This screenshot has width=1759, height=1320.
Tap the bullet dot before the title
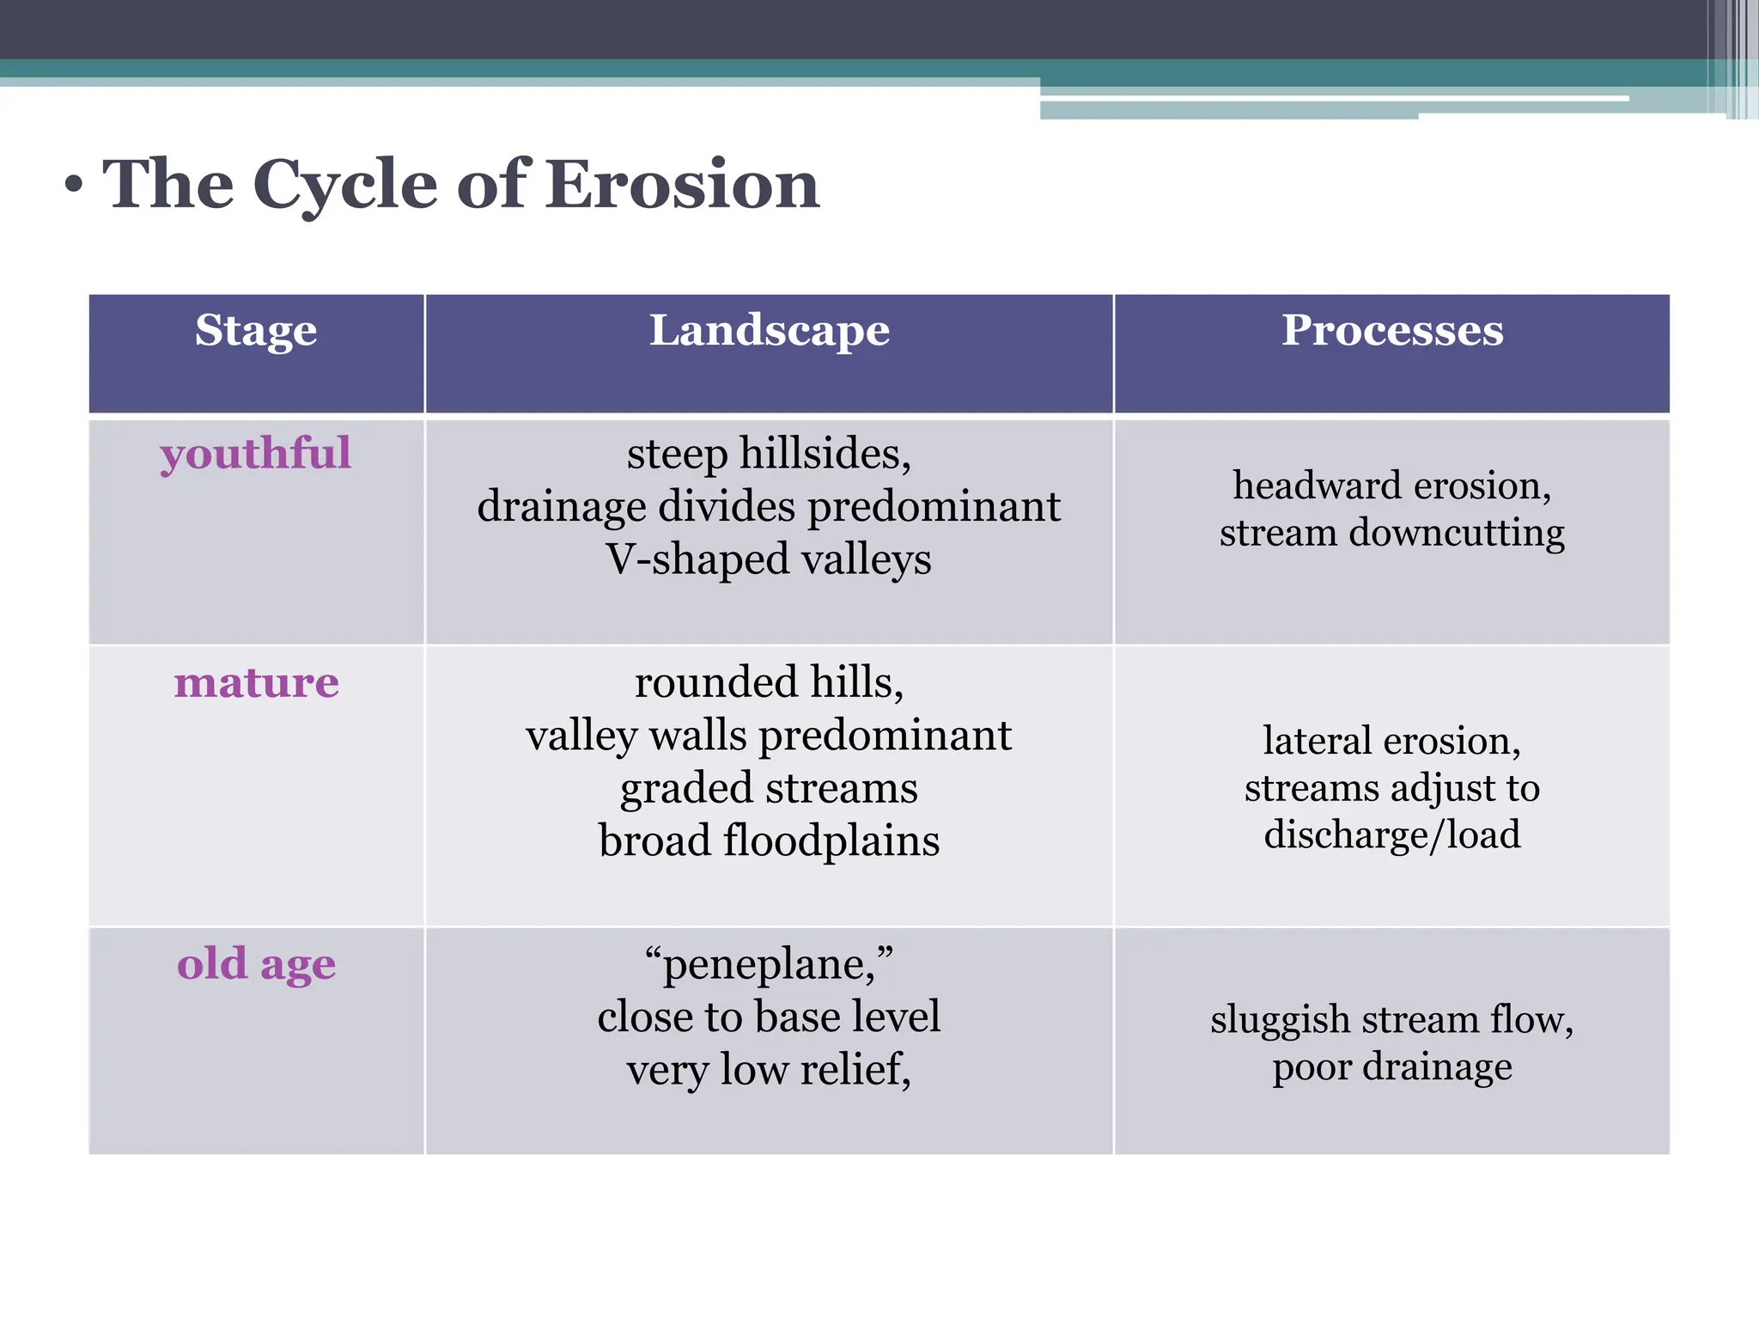(75, 185)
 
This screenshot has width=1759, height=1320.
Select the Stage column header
(256, 330)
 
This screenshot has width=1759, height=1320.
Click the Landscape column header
(769, 330)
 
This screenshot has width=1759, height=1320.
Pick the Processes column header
(1391, 330)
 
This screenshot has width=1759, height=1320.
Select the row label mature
(256, 682)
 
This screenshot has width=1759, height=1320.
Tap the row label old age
(256, 963)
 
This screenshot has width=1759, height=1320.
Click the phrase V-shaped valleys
(769, 559)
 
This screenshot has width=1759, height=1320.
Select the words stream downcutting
(1391, 533)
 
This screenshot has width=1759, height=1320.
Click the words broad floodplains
(769, 840)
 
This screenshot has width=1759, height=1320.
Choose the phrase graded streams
(769, 788)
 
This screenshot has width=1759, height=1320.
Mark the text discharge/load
(1391, 834)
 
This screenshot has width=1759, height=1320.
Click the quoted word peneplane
(769, 964)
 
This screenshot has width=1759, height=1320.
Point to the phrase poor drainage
(1391, 1066)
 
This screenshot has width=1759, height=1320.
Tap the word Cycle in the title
(345, 186)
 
